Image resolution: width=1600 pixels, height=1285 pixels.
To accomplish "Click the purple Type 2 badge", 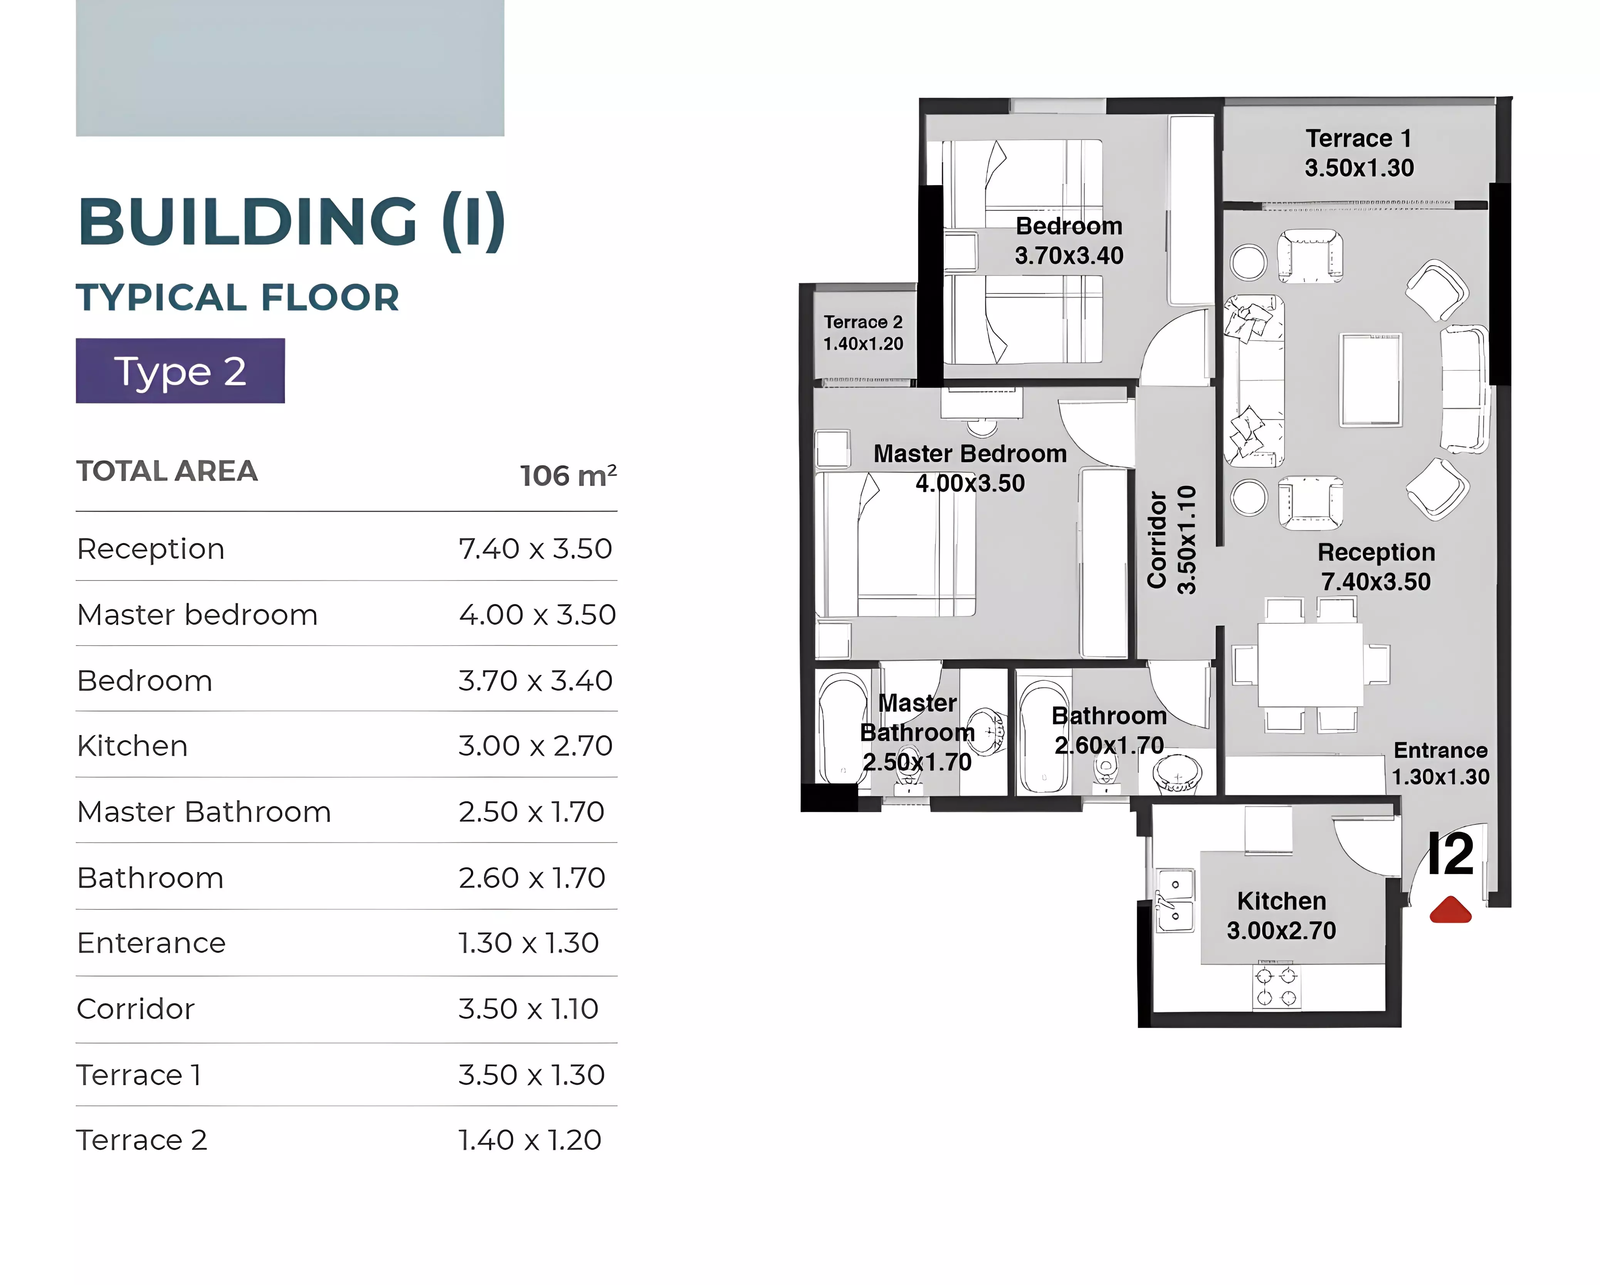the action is click(180, 371).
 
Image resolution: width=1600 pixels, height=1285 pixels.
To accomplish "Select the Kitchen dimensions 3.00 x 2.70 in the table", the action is click(535, 746).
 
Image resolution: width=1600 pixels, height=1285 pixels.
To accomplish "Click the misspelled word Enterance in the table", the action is click(151, 943).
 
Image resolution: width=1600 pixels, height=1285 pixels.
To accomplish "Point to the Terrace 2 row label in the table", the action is click(142, 1139).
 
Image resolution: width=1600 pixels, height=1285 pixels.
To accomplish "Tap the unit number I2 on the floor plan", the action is click(1451, 854).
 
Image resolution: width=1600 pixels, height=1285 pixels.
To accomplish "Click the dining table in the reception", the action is click(1310, 665).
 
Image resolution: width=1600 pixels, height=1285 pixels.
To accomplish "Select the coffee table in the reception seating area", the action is click(1371, 380).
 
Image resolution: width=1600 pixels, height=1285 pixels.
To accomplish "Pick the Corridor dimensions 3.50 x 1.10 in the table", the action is click(528, 1009).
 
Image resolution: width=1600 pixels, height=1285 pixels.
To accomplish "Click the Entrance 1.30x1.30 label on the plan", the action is click(1440, 763).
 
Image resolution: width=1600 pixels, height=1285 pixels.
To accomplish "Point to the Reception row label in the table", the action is click(151, 549).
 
